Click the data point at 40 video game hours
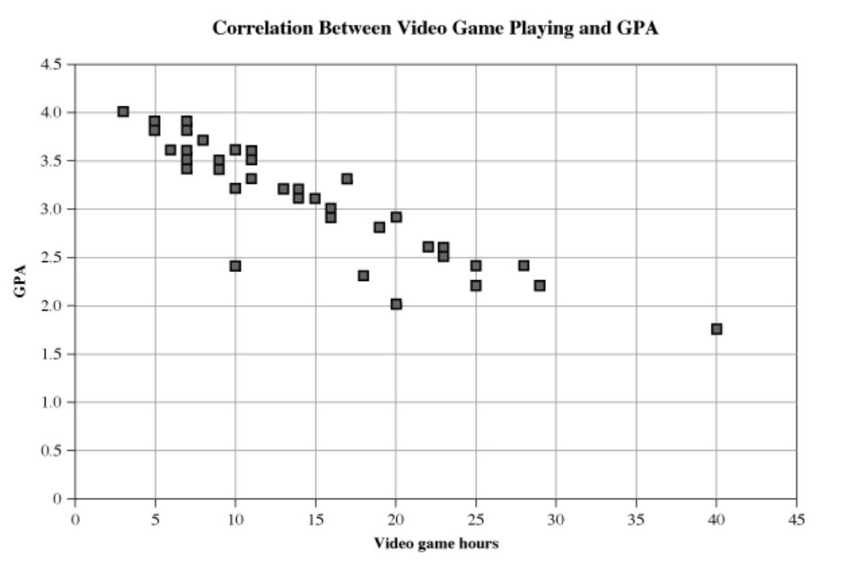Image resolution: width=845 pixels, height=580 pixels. pyautogui.click(x=717, y=329)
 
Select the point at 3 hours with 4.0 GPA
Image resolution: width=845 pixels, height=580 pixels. pyautogui.click(x=123, y=111)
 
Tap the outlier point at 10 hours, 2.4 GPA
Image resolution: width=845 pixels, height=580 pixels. pyautogui.click(x=235, y=266)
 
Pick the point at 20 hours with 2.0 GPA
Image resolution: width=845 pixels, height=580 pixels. pyautogui.click(x=396, y=304)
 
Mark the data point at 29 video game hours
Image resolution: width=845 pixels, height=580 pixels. pyautogui.click(x=540, y=286)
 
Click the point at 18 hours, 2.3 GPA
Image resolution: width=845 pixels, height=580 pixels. pyautogui.click(x=364, y=276)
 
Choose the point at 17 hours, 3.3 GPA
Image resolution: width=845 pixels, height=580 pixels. pyautogui.click(x=348, y=179)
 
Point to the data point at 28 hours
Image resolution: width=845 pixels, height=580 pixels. pyautogui.click(x=524, y=265)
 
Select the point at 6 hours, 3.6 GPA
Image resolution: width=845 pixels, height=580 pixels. pyautogui.click(x=171, y=150)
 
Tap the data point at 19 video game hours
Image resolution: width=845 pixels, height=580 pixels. pyautogui.click(x=380, y=227)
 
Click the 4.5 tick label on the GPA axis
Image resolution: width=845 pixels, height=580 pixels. pyautogui.click(x=52, y=65)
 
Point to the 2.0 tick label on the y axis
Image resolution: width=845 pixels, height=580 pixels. pyautogui.click(x=52, y=306)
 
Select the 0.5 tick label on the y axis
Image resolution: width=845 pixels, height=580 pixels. pyautogui.click(x=52, y=451)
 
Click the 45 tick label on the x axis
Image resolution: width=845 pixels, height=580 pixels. pyautogui.click(x=797, y=520)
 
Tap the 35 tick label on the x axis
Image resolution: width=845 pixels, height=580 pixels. pyautogui.click(x=636, y=520)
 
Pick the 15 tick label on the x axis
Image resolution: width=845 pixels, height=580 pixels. pyautogui.click(x=315, y=520)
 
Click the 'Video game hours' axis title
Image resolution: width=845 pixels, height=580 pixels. pyautogui.click(x=436, y=543)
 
